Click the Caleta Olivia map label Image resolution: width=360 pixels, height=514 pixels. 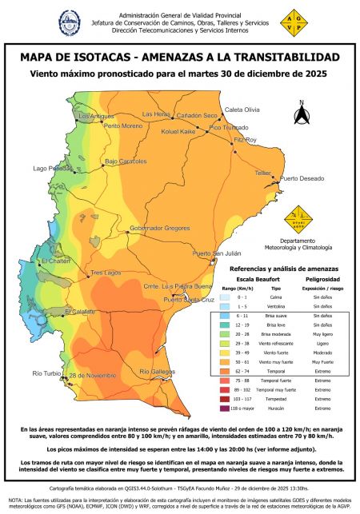(x=242, y=109)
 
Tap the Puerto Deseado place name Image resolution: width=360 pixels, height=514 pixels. (x=300, y=178)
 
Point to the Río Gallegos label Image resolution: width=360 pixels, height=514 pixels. (x=157, y=372)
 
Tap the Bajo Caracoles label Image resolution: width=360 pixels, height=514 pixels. (x=126, y=161)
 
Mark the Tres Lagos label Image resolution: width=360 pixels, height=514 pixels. (x=105, y=273)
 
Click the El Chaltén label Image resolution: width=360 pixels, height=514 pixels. (x=57, y=261)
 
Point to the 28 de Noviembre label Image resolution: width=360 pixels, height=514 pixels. (x=93, y=375)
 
